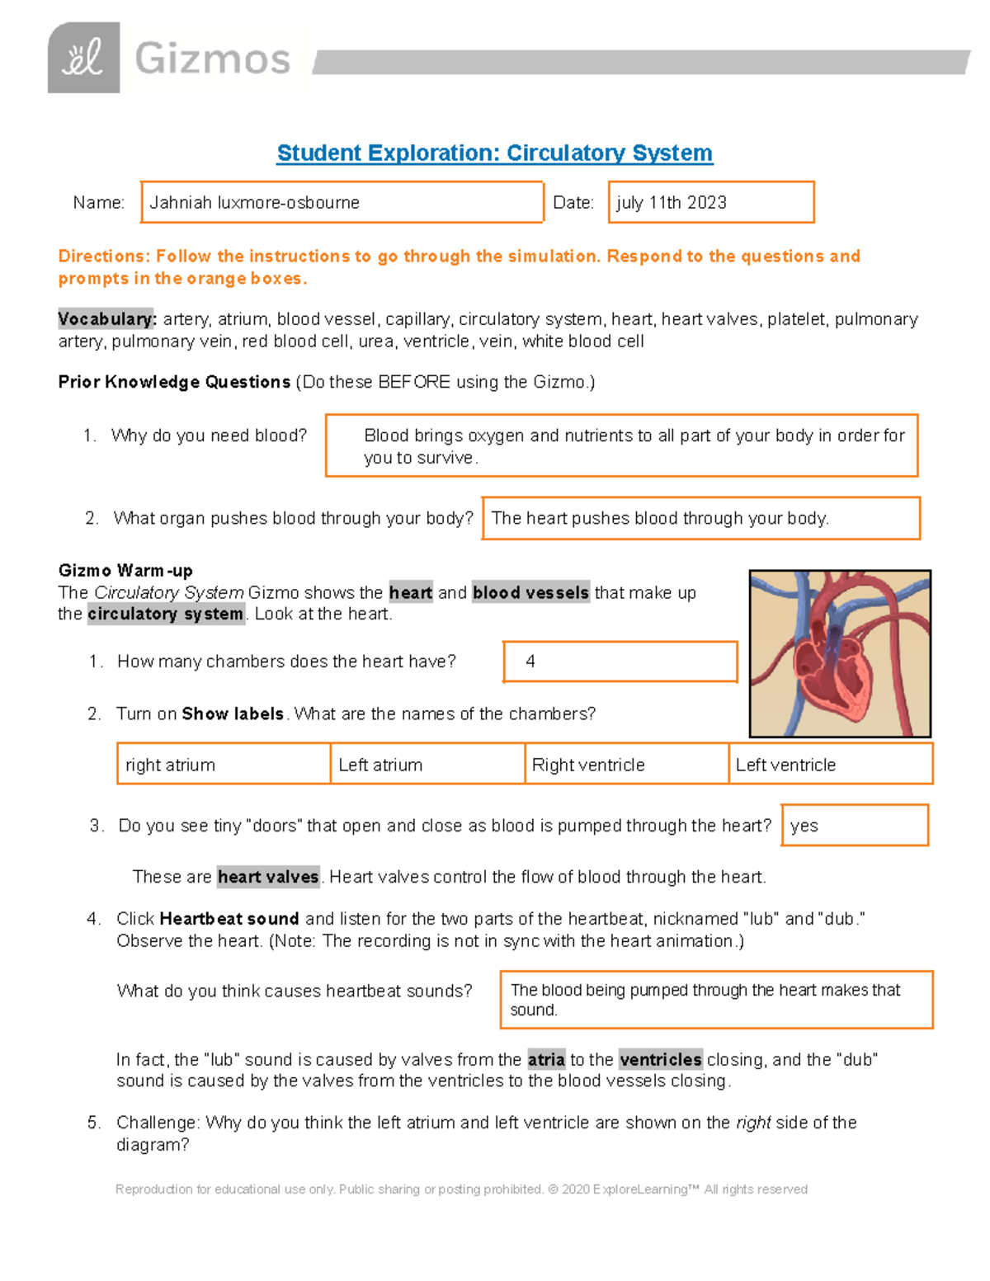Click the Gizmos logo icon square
83,58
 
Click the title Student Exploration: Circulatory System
494,153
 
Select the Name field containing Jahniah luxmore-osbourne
342,202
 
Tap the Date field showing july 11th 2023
710,202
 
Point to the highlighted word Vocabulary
106,319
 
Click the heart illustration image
840,653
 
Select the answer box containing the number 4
620,662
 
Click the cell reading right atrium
223,765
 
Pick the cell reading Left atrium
427,765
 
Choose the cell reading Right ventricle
626,765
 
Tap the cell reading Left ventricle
830,765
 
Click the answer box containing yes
854,826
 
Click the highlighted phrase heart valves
268,877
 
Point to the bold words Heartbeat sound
229,919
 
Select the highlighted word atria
546,1060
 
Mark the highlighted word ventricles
660,1060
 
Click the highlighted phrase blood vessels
530,593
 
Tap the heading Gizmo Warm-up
125,571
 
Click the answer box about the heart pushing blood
700,518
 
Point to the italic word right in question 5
752,1123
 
